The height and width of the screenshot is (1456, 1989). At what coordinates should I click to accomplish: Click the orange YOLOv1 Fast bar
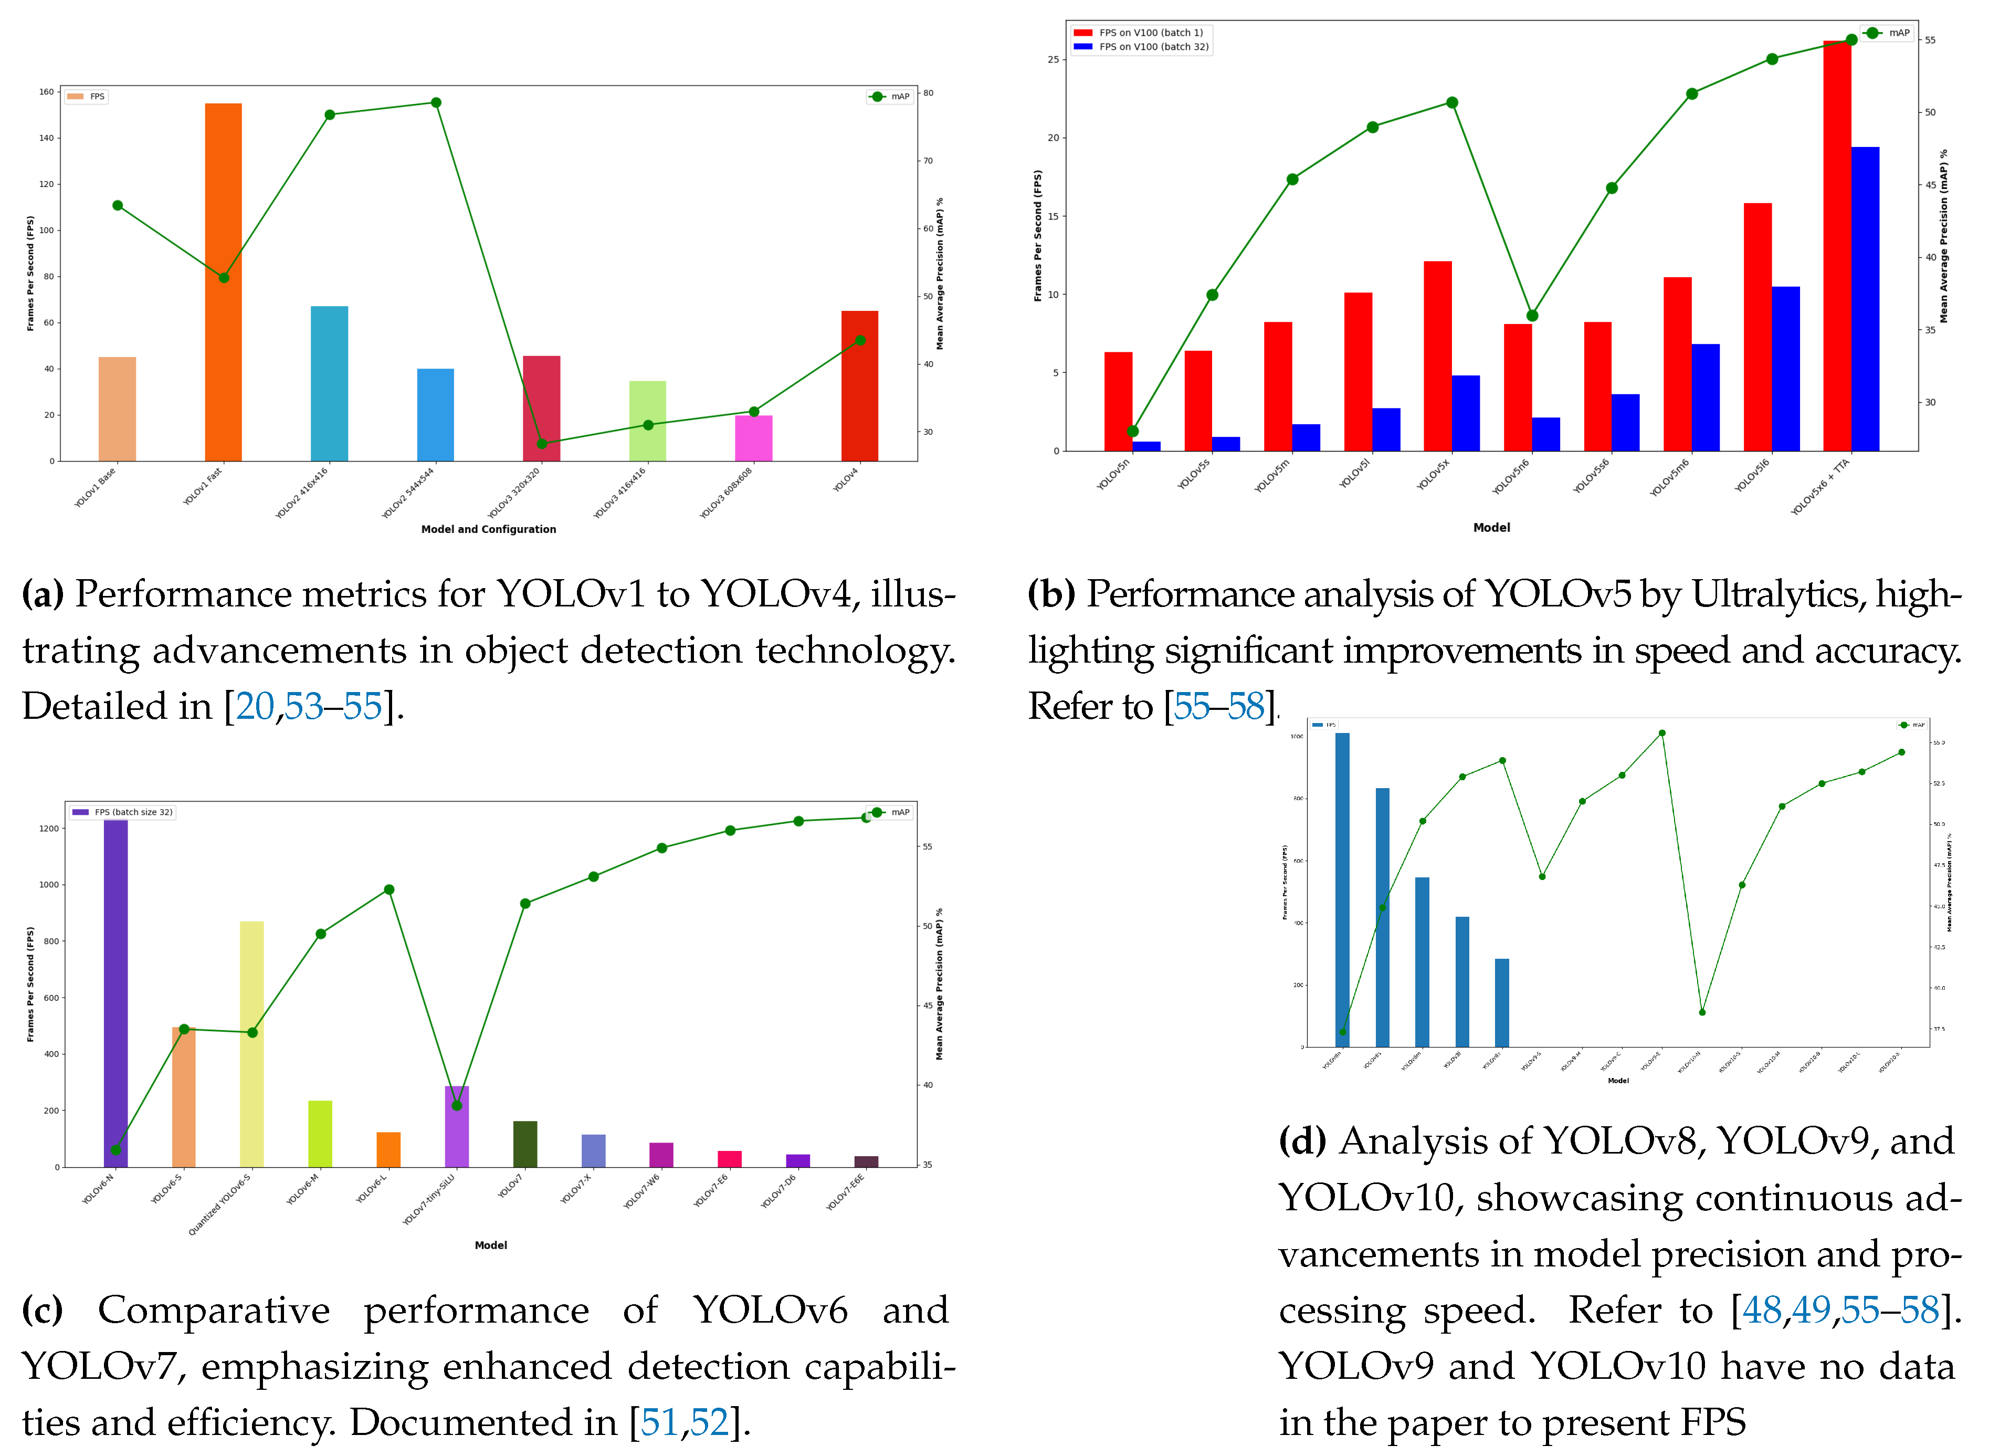tap(223, 282)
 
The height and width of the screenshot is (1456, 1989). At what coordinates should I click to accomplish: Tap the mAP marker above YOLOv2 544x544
tap(435, 102)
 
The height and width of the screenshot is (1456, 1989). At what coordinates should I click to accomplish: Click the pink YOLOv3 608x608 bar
tap(753, 438)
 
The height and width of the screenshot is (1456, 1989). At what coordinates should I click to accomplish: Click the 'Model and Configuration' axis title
tap(488, 529)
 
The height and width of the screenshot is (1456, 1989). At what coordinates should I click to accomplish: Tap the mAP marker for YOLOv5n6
tap(1532, 316)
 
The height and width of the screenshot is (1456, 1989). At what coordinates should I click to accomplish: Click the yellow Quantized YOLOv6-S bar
tap(252, 1044)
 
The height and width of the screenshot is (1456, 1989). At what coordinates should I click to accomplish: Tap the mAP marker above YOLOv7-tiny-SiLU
tap(457, 1105)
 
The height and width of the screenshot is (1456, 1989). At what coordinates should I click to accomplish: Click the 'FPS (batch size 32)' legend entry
tap(132, 812)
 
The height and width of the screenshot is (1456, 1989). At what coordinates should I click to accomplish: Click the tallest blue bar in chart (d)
tap(1342, 890)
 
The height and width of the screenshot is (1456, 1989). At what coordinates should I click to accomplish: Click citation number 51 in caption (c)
tap(659, 1422)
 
